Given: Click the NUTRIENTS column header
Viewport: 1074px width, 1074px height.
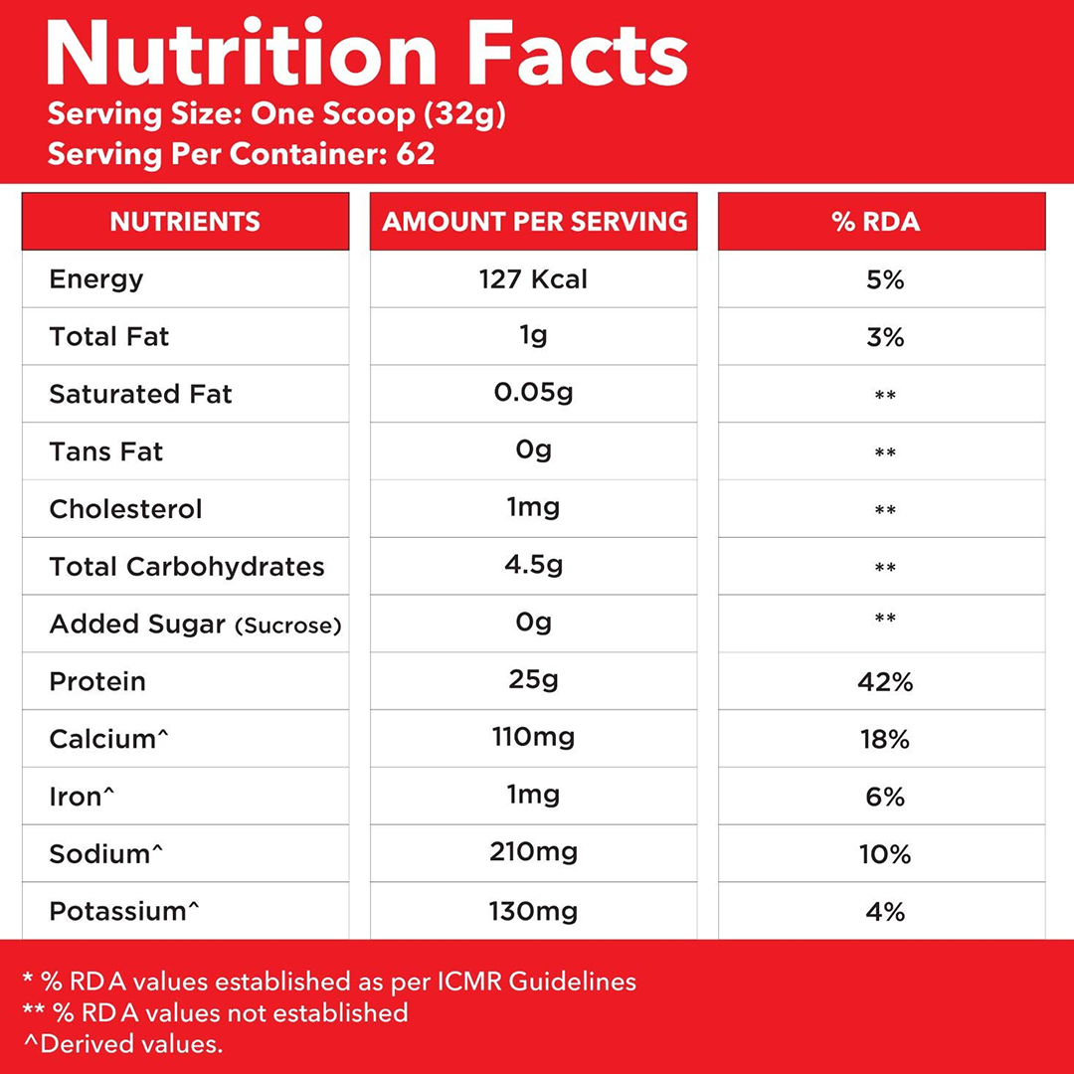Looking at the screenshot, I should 185,221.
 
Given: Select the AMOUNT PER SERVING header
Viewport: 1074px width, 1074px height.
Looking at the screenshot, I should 534,221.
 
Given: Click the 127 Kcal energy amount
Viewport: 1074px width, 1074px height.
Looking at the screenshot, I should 533,279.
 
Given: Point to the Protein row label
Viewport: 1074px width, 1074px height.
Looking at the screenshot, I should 97,682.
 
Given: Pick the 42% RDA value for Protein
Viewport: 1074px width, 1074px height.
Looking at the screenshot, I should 884,682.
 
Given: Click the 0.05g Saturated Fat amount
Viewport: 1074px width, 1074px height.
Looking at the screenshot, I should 533,394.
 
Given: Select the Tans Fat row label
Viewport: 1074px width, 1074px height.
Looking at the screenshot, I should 106,451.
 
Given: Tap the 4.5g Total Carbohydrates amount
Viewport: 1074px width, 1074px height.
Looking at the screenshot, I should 533,567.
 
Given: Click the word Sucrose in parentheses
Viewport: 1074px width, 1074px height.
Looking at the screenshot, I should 288,626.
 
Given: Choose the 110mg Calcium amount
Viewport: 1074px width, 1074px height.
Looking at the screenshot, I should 533,738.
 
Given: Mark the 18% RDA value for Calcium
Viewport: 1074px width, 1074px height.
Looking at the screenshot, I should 884,740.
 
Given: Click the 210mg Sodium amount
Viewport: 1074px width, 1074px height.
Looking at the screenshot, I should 533,853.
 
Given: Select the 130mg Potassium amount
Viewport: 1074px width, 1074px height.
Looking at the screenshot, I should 533,911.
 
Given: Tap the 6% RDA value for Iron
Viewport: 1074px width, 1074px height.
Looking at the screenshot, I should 884,798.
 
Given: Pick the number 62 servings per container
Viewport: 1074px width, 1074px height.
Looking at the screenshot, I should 415,155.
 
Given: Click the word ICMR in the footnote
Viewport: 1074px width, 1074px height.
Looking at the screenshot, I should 468,982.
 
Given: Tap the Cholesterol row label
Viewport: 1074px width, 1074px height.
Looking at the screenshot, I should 125,509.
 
